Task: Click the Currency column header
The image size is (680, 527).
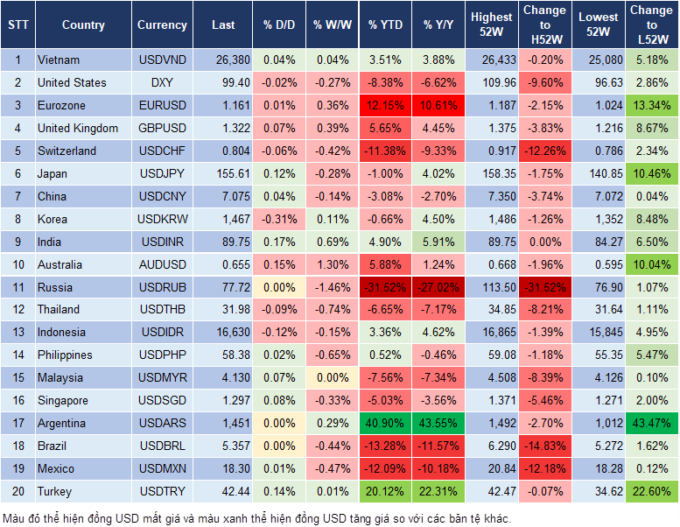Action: tap(162, 25)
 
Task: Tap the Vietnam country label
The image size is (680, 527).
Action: tap(59, 60)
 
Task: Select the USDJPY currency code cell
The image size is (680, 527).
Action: tap(162, 174)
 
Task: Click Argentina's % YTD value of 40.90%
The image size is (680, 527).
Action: tap(385, 424)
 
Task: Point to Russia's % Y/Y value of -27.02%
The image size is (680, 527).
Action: tap(439, 287)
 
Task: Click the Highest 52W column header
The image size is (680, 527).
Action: tap(492, 25)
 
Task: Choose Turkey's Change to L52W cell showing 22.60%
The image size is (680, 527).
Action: tap(652, 492)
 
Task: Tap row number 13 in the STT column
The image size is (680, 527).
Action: tap(17, 333)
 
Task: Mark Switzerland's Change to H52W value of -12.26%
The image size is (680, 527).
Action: tap(545, 151)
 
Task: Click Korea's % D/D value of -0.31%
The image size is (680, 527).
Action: tap(278, 220)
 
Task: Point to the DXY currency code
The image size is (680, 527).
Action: tap(162, 83)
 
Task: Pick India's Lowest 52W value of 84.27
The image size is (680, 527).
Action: tap(597, 242)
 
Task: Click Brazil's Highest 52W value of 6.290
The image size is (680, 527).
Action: tap(492, 446)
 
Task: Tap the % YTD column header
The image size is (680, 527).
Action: tap(385, 25)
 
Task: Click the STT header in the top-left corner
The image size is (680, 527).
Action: tap(17, 25)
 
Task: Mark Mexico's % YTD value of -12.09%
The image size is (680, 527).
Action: tap(385, 469)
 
